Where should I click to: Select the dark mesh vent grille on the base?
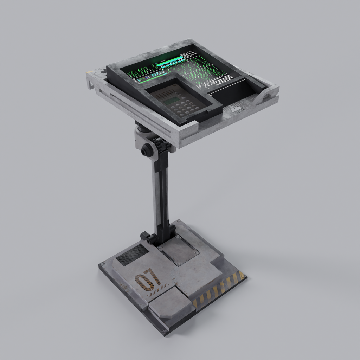(x=132, y=254)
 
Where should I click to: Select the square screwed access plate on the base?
(x=178, y=251)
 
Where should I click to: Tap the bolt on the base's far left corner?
(x=102, y=264)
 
